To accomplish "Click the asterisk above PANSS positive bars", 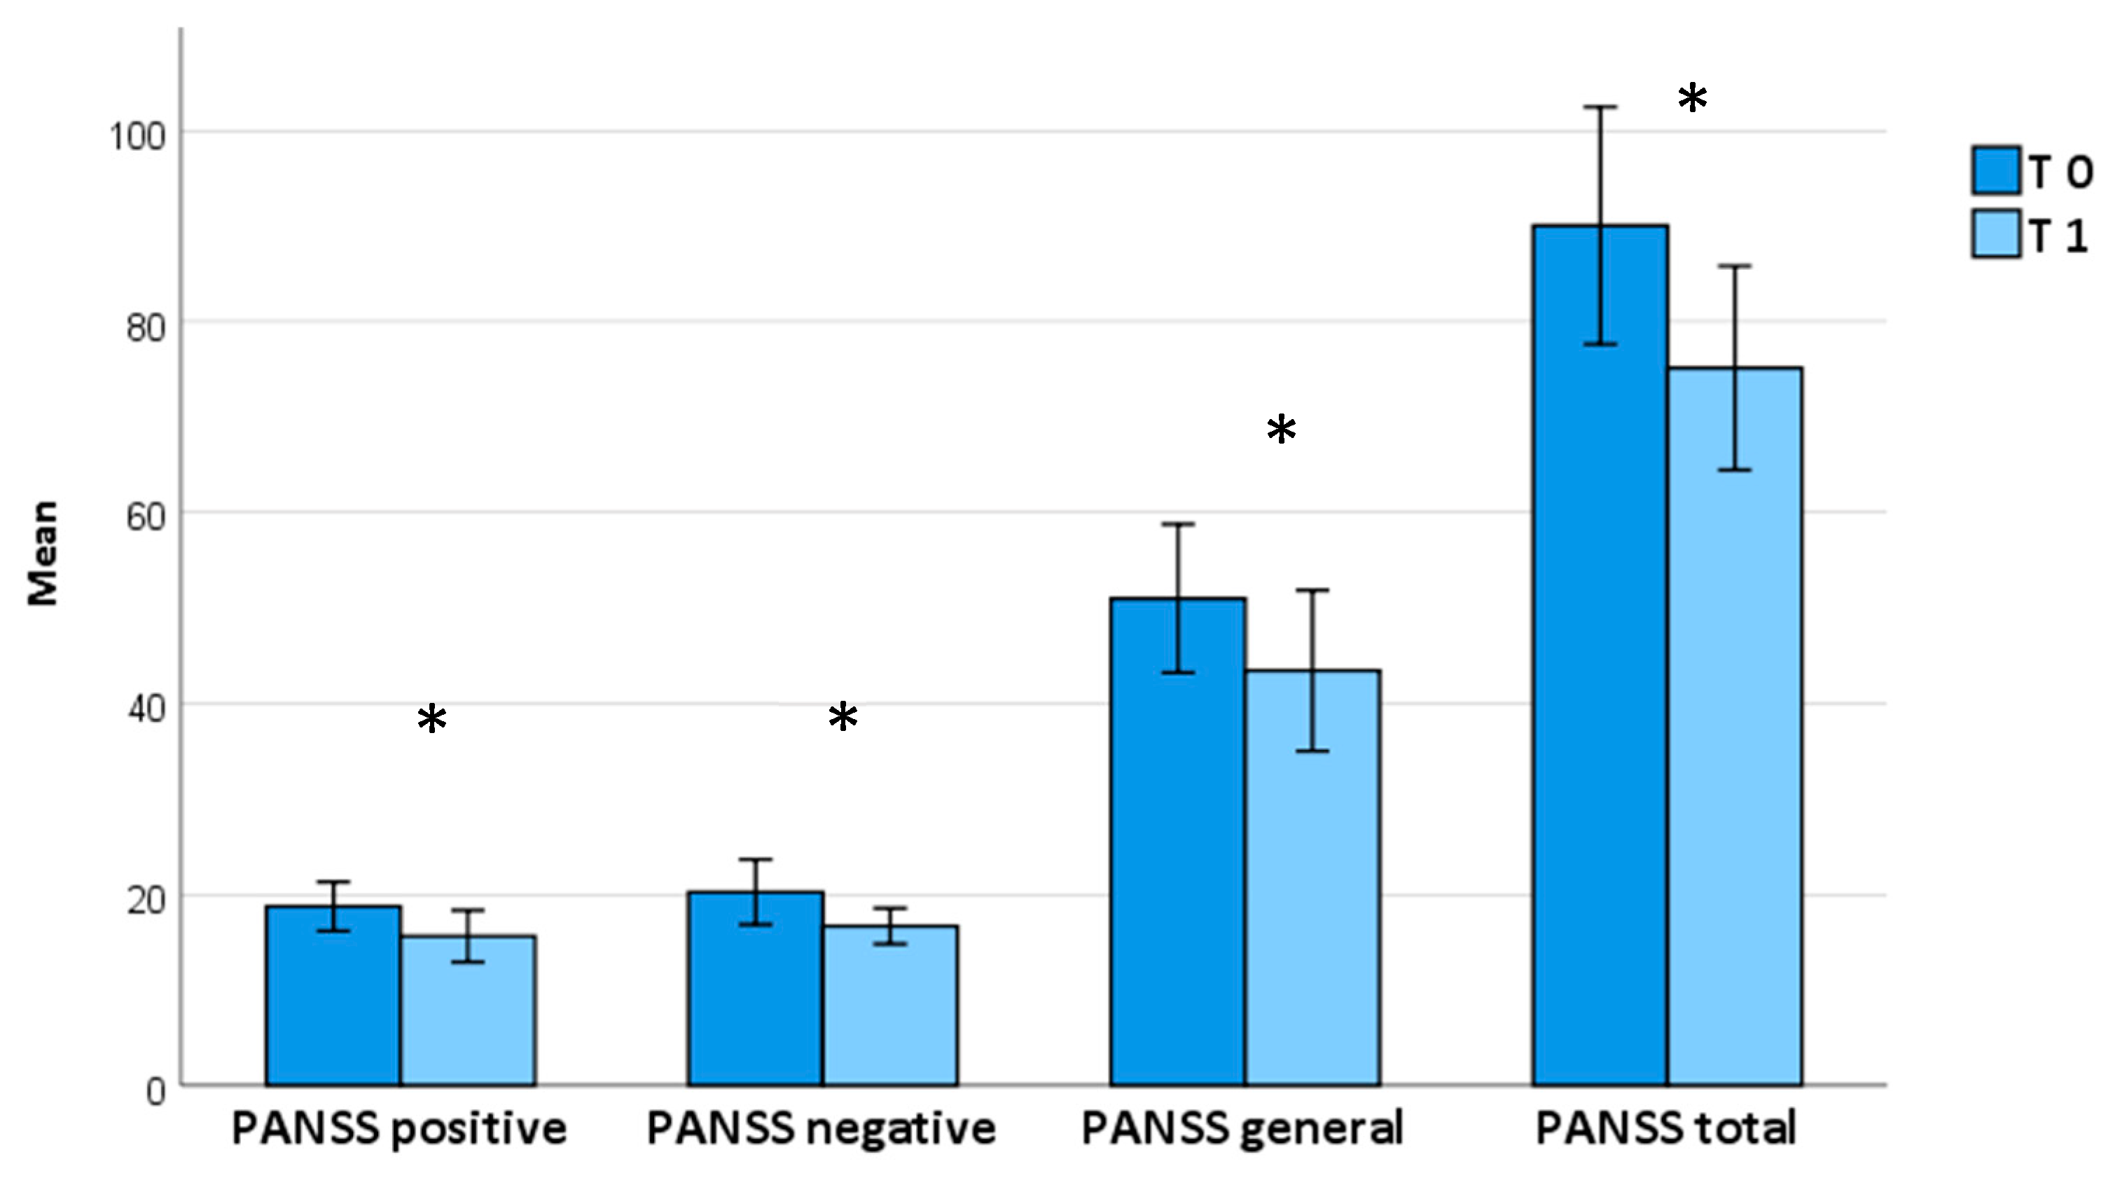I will (x=432, y=720).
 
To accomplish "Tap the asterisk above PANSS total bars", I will (x=1692, y=99).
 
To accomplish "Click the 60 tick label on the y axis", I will (x=146, y=517).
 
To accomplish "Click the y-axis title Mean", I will (x=43, y=553).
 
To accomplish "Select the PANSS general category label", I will (x=1241, y=1128).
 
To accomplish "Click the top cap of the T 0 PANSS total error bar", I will (x=1601, y=107).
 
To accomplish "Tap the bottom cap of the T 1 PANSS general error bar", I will (x=1312, y=751).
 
